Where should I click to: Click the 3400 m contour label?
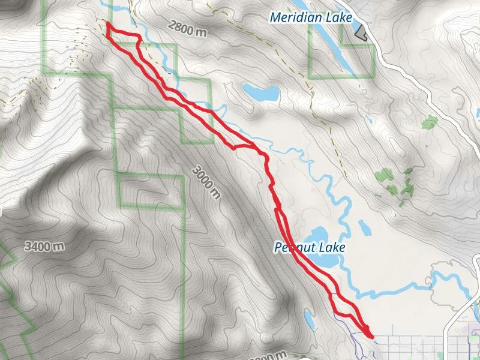(44, 246)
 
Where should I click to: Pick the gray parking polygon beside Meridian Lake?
(360, 33)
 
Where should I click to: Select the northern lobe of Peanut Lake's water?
(316, 233)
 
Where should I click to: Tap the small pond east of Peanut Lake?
(364, 227)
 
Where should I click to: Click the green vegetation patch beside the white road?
(429, 123)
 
